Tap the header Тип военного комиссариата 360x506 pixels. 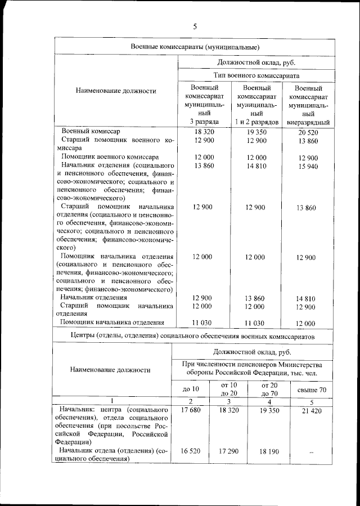(x=256, y=75)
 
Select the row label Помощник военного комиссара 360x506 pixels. (x=110, y=156)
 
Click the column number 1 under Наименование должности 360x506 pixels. (x=110, y=401)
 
